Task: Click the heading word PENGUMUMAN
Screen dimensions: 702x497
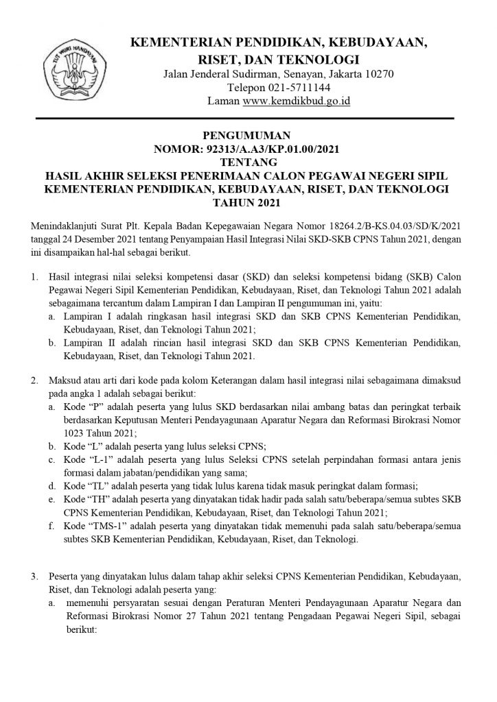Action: pos(248,136)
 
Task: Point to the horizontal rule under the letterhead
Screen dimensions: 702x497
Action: pos(248,119)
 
